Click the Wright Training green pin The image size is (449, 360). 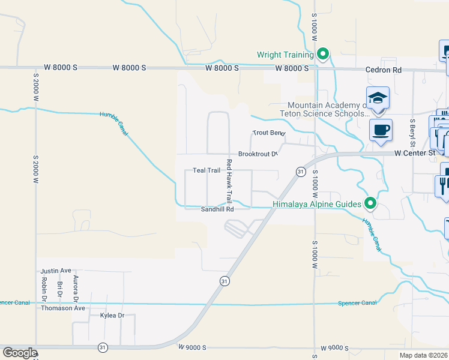coord(323,55)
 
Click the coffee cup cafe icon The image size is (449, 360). coord(381,130)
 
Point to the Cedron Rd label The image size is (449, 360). coord(384,70)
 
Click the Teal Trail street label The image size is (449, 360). coord(206,170)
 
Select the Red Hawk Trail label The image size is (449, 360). coord(229,180)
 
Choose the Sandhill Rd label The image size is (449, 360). coord(217,209)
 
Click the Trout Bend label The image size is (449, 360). coord(267,133)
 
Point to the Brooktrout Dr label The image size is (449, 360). coord(258,154)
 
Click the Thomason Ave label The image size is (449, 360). coord(63,308)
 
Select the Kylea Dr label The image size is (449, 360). coord(112,315)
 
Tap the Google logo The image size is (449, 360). coord(19,352)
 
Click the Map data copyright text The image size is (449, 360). coord(423,355)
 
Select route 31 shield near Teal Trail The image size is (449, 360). coord(299,172)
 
